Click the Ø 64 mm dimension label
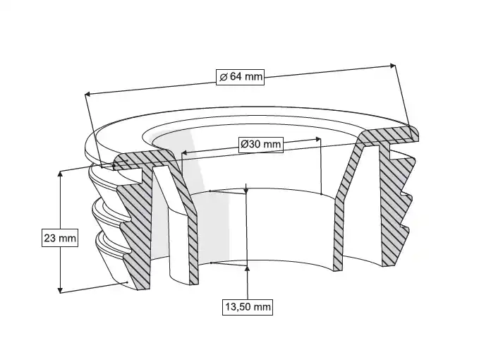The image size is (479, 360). point(240,76)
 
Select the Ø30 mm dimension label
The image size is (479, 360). point(260,144)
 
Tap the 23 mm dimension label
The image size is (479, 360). point(60,237)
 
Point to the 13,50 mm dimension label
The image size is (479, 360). point(248,306)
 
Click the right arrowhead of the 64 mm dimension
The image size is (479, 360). point(392,66)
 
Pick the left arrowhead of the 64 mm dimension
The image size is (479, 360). point(87,94)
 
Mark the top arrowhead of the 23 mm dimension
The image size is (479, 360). point(60,174)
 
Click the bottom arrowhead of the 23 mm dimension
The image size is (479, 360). point(60,289)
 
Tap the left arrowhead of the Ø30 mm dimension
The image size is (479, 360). point(183,152)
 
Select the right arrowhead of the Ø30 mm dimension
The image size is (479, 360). point(318,139)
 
